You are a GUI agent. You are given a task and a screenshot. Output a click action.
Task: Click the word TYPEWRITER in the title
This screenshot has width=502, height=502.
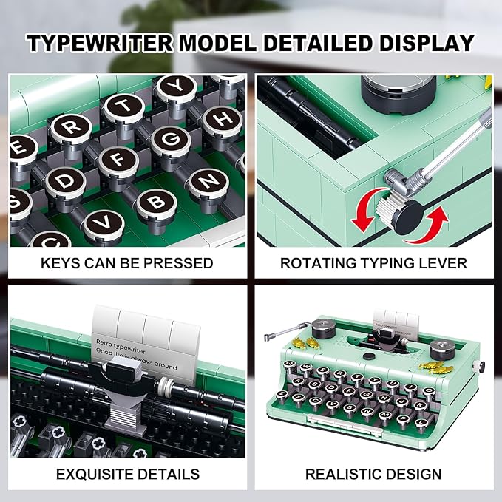(x=99, y=44)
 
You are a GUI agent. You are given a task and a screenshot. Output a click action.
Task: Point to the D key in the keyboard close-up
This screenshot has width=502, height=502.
(x=66, y=180)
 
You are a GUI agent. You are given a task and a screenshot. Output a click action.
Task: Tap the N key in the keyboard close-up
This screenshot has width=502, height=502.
(x=210, y=180)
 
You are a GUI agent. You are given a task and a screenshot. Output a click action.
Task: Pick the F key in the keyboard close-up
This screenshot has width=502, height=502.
(x=119, y=158)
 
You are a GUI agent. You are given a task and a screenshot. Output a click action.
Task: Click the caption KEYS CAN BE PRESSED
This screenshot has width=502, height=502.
(x=126, y=263)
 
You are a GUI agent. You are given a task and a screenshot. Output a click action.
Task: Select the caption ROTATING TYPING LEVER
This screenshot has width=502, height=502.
(x=373, y=263)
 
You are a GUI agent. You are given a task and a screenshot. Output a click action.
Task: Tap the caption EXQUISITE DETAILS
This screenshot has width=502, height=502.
(x=126, y=474)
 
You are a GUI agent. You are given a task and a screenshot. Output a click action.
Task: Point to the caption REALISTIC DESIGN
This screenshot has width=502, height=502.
(x=373, y=474)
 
